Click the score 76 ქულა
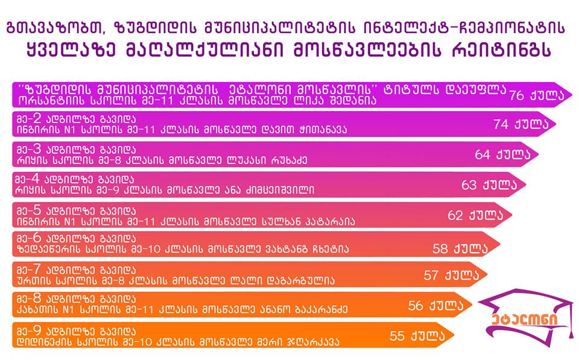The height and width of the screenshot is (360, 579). pyautogui.click(x=537, y=95)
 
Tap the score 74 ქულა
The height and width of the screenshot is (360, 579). pyautogui.click(x=521, y=124)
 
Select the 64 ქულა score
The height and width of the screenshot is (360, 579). pyautogui.click(x=502, y=154)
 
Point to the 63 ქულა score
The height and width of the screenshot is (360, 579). pyautogui.click(x=489, y=185)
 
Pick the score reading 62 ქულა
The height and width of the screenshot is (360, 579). pyautogui.click(x=475, y=215)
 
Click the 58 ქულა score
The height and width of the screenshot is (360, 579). pyautogui.click(x=460, y=248)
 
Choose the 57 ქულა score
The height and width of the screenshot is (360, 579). pyautogui.click(x=451, y=275)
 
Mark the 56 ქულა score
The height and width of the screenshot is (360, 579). pyautogui.click(x=435, y=305)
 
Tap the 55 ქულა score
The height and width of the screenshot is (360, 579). pyautogui.click(x=417, y=335)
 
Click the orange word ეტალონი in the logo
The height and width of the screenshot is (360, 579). pyautogui.click(x=524, y=320)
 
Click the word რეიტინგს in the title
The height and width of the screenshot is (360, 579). pyautogui.click(x=501, y=50)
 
